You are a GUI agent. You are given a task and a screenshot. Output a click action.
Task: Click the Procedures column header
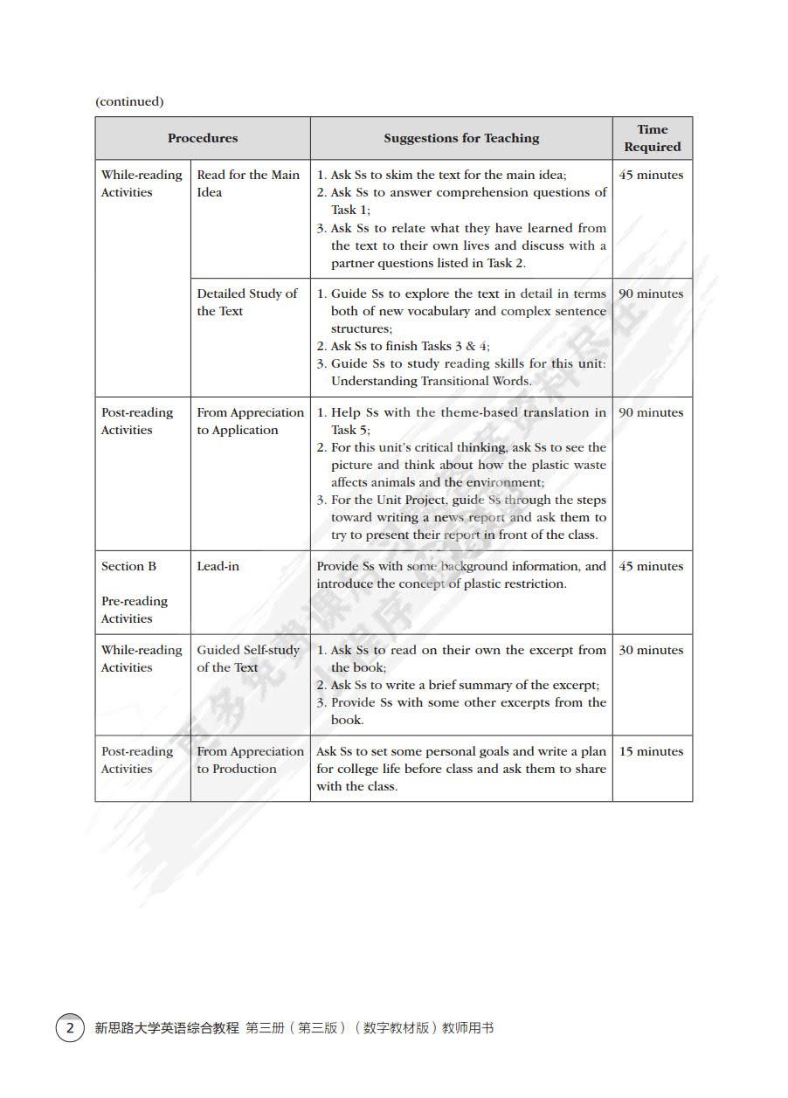203,138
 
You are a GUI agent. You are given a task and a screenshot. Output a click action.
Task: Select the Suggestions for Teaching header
461,138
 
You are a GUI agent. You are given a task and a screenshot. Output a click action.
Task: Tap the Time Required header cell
652,138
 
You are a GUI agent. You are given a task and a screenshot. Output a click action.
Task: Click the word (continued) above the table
129,101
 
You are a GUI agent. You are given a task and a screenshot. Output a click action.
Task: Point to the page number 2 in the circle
70,1028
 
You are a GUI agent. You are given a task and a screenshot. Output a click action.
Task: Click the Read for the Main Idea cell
248,183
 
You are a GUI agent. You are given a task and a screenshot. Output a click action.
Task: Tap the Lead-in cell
218,566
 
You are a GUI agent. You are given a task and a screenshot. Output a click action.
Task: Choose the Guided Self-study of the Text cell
248,659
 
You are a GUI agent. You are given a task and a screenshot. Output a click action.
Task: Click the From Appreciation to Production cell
250,760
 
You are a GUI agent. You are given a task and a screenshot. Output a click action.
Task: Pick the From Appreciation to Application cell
250,421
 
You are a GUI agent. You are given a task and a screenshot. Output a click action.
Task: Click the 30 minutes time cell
651,650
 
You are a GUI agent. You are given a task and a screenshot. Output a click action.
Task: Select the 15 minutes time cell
651,751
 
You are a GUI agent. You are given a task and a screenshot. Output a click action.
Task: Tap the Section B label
128,566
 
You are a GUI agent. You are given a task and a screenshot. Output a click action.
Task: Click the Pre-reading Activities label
135,610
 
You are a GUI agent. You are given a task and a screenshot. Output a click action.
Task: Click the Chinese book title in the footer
294,1028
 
